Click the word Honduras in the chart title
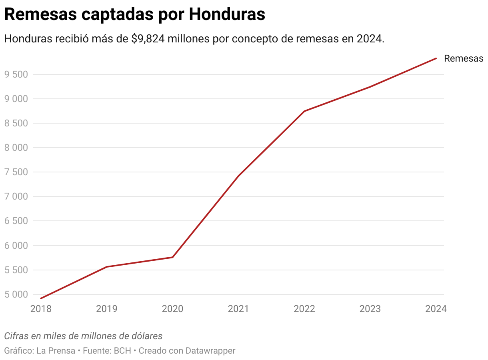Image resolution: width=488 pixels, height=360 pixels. [227, 14]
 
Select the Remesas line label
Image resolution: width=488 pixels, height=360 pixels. [464, 58]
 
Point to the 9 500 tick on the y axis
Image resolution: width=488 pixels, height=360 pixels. [16, 74]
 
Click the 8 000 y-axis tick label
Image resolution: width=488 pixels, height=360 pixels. [16, 148]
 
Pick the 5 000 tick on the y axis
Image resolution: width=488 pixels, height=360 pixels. [16, 294]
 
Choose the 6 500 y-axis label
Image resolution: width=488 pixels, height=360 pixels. [16, 221]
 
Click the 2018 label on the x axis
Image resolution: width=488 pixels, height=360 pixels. [41, 309]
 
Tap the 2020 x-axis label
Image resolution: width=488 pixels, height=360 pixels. [172, 309]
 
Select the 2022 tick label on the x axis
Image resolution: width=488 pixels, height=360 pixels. [304, 309]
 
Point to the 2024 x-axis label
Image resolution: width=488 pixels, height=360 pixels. [436, 309]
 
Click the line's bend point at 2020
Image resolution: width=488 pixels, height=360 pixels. [172, 257]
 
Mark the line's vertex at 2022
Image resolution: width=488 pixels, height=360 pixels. [304, 111]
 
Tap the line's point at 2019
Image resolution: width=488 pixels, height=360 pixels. [107, 267]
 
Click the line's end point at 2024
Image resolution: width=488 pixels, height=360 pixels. [436, 58]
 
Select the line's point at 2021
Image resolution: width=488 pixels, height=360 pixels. [238, 176]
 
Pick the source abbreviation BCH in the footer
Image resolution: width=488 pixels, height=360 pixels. [122, 351]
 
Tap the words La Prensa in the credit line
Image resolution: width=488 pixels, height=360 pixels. [56, 351]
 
